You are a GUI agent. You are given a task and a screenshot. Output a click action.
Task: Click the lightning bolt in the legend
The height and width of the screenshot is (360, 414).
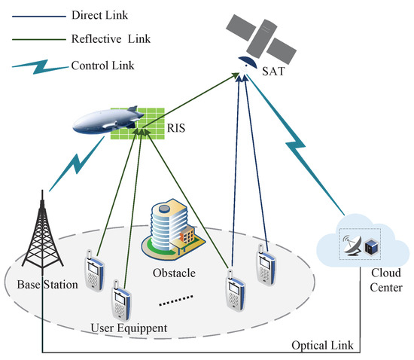click(34, 66)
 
